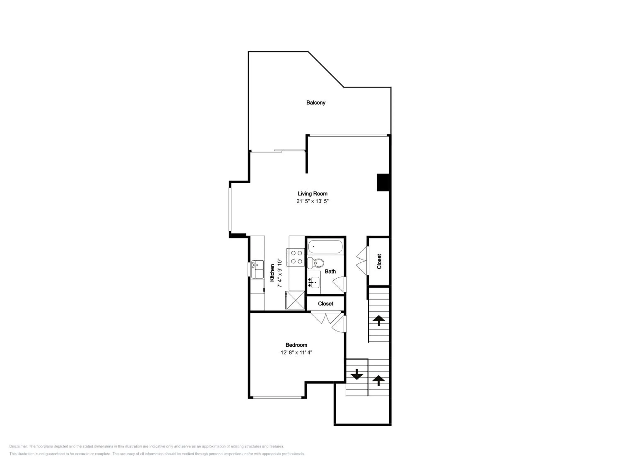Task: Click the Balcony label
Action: click(x=316, y=103)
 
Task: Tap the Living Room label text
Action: click(x=312, y=193)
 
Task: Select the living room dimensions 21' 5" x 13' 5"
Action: click(x=312, y=201)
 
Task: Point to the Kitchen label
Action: click(x=272, y=273)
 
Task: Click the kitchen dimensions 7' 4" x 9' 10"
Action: click(x=280, y=273)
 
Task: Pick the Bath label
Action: click(x=330, y=271)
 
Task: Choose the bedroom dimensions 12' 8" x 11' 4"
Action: click(x=296, y=352)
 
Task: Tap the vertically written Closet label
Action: click(x=379, y=261)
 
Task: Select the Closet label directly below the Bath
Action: click(x=325, y=304)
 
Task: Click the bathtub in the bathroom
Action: click(x=325, y=247)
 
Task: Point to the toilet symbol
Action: click(x=315, y=263)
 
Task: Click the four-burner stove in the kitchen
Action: click(x=296, y=257)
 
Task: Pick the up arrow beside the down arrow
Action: click(x=379, y=380)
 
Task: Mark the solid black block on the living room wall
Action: click(x=383, y=182)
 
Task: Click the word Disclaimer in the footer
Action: click(x=18, y=446)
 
